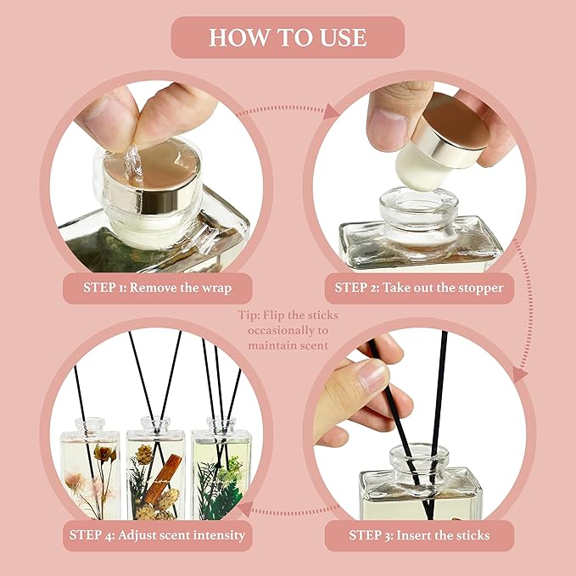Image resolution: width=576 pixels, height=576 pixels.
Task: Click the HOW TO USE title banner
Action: [288, 37]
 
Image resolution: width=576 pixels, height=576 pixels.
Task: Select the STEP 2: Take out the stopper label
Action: [418, 287]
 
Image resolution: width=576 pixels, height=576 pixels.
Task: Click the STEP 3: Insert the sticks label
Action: [418, 535]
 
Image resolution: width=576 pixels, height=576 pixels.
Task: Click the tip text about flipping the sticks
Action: [288, 330]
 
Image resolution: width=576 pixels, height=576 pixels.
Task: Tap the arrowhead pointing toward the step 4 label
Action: [243, 510]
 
